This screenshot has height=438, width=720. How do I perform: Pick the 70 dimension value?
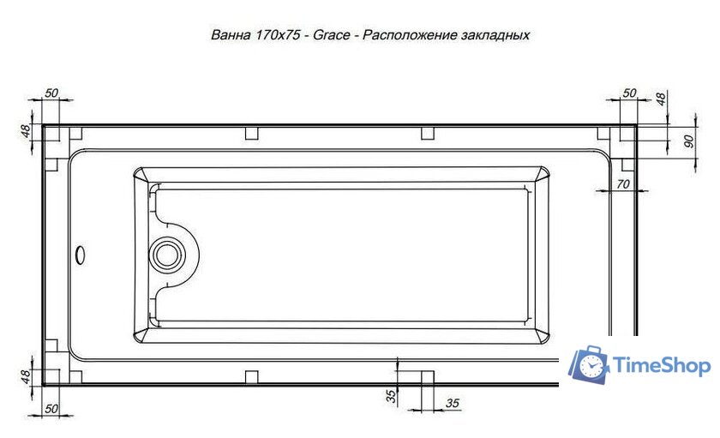(623, 183)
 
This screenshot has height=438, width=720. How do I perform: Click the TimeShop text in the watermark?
(663, 367)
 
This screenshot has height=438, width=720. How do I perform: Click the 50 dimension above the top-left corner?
(52, 92)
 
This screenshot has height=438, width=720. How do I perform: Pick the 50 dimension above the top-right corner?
(629, 92)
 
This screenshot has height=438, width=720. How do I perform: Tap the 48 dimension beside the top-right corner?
(660, 99)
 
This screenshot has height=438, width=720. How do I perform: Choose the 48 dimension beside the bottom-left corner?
(26, 375)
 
